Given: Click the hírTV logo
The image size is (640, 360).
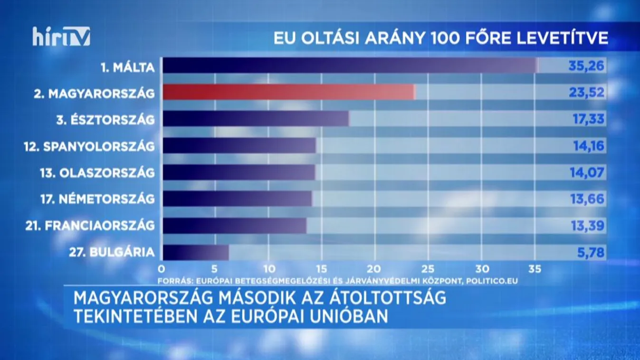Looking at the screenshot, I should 61,37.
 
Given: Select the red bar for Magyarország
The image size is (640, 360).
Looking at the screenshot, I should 288,92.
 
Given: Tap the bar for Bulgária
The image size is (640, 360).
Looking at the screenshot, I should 195,252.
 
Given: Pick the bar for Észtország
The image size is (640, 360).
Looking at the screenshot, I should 255,119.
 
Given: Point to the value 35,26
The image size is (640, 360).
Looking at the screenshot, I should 587,66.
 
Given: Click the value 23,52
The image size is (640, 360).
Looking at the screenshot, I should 587,92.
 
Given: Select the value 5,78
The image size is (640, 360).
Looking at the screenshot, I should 591,252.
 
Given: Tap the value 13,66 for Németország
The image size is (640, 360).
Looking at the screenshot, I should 588,199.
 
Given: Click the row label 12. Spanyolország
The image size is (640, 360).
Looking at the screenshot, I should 89,146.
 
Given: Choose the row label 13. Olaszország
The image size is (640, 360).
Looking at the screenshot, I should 97,173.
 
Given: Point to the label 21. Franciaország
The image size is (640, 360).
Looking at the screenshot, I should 90,226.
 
